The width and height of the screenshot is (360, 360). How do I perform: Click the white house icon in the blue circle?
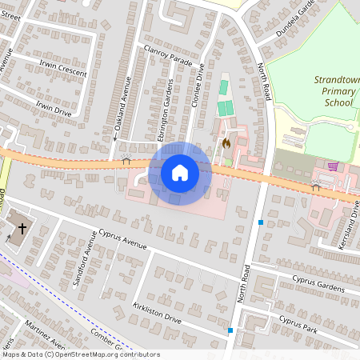pyautogui.click(x=180, y=173)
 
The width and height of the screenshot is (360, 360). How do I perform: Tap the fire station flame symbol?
pyautogui.click(x=226, y=144)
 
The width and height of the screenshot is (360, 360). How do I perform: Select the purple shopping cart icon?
pyautogui.click(x=333, y=166)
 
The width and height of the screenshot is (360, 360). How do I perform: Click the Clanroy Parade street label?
pyautogui.click(x=166, y=58)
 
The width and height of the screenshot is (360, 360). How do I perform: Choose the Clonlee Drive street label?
pyautogui.click(x=198, y=90)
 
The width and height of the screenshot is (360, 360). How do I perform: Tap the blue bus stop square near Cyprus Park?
pyautogui.click(x=230, y=330)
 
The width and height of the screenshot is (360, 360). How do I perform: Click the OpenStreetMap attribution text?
pyautogui.click(x=80, y=354)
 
